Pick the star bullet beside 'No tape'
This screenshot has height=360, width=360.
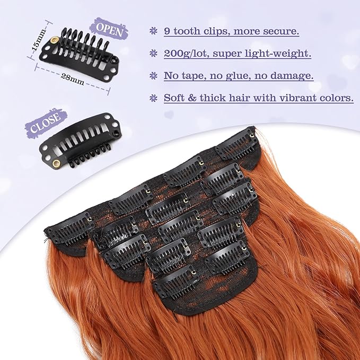pos(153,76)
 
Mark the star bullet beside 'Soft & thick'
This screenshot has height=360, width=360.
pos(153,98)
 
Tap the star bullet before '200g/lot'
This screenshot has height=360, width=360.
pos(153,53)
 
